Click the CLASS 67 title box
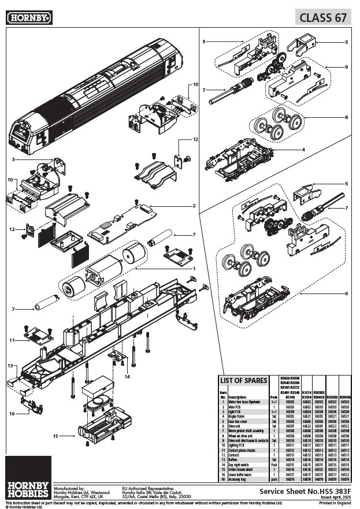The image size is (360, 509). coord(324,17)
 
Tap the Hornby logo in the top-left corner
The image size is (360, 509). coord(29,18)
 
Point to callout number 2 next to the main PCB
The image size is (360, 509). coord(194,206)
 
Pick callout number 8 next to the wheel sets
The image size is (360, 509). coord(346,117)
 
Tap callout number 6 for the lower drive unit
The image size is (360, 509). coord(346,293)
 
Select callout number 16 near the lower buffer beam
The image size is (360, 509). coord(12,414)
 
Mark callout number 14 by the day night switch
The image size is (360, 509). coord(127,377)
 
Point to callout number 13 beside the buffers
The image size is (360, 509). coord(10,366)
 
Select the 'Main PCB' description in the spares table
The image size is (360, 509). coord(237,407)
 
